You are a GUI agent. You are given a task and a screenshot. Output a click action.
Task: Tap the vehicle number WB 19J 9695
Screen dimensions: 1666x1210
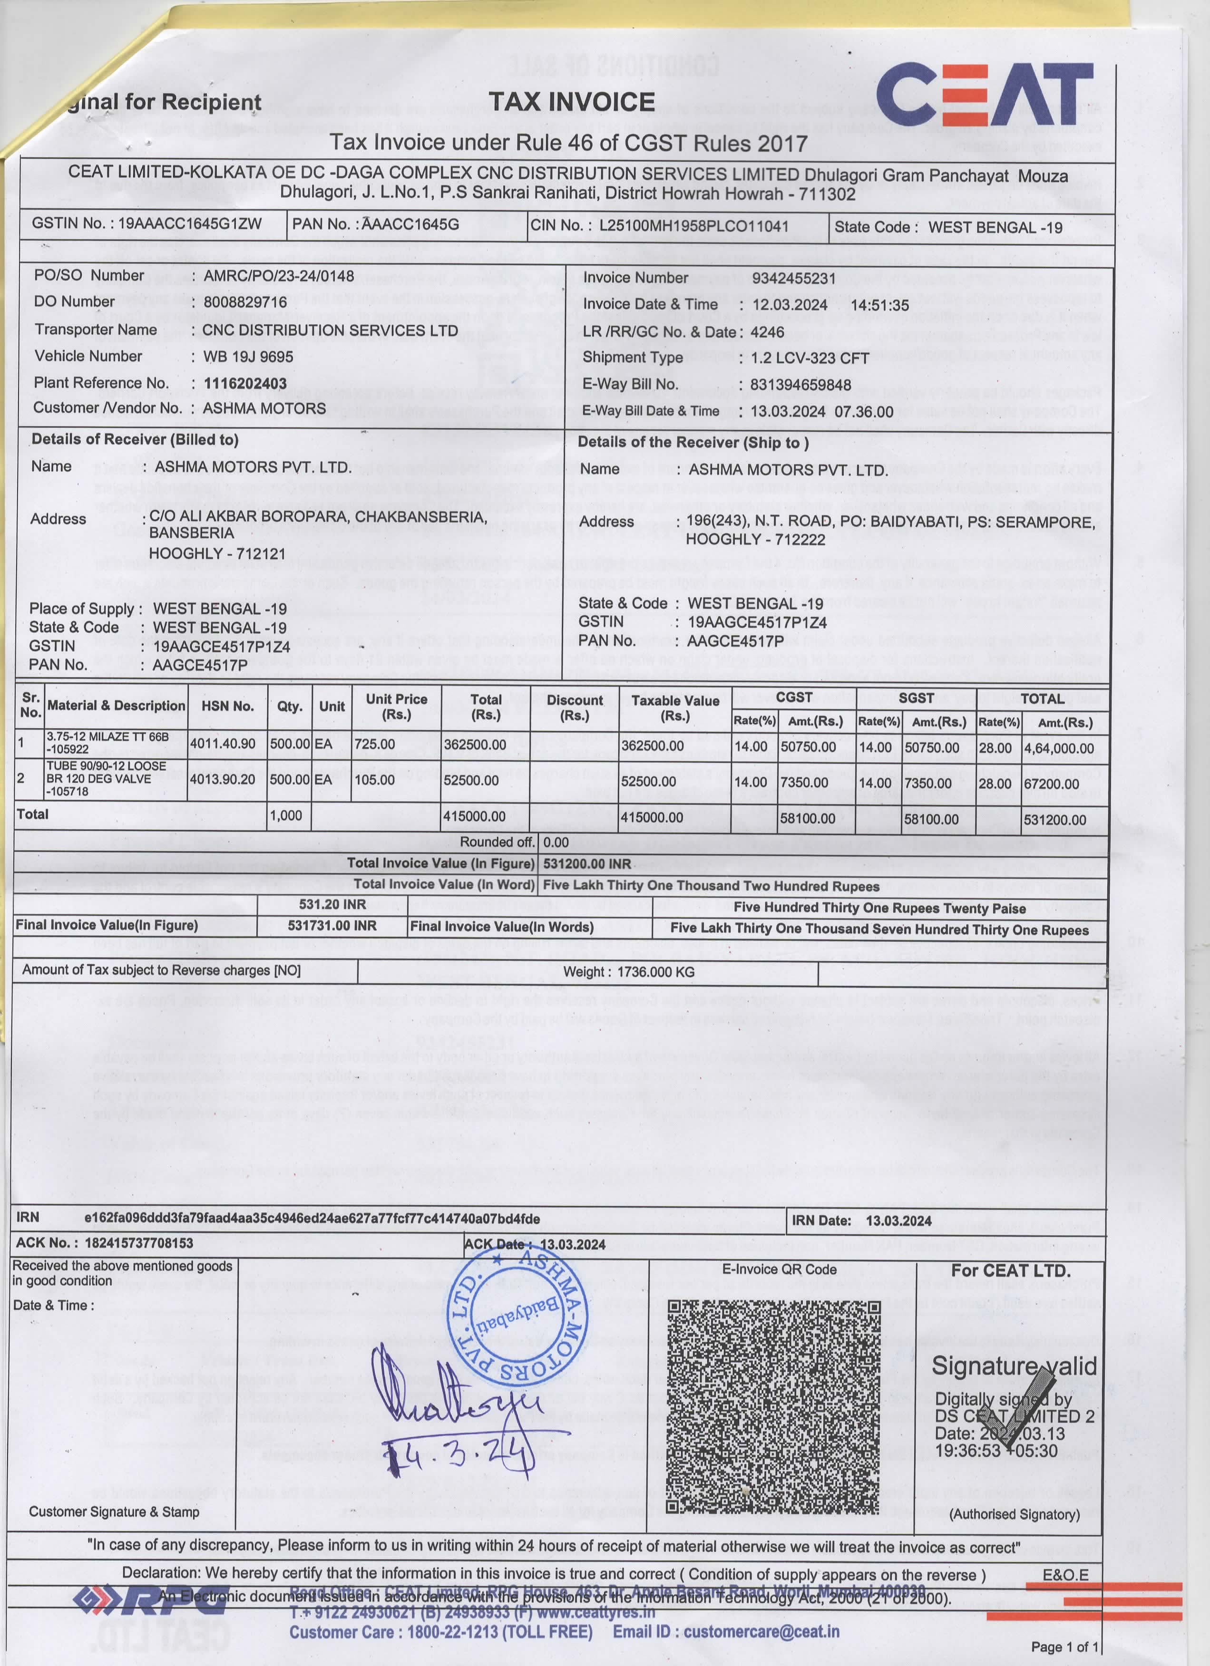(248, 357)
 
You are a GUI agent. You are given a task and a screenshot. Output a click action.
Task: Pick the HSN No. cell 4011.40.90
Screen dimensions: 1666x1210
(224, 744)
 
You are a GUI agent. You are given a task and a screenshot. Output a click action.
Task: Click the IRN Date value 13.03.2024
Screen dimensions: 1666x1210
(898, 1221)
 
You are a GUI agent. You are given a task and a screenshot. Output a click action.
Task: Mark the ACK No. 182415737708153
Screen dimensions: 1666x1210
(139, 1243)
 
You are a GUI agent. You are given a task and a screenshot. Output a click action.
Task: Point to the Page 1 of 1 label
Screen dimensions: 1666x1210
(1064, 1647)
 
